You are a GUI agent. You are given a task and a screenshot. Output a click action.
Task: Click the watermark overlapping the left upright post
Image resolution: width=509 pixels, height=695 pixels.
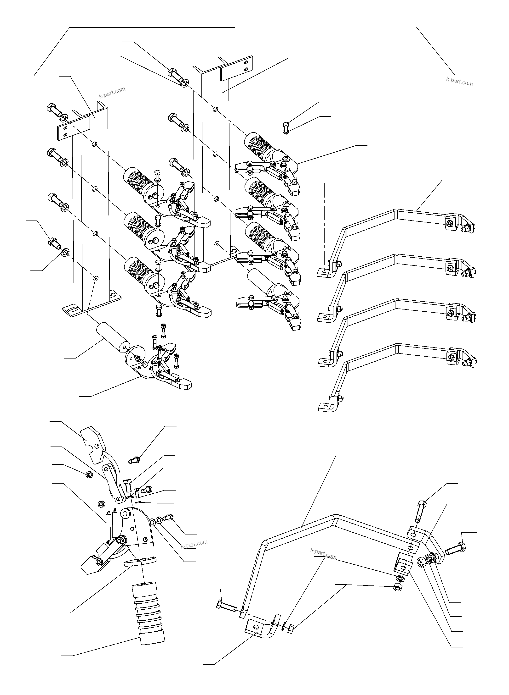[112, 92]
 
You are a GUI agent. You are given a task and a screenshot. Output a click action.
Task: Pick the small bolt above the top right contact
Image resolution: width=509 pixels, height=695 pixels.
[286, 127]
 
